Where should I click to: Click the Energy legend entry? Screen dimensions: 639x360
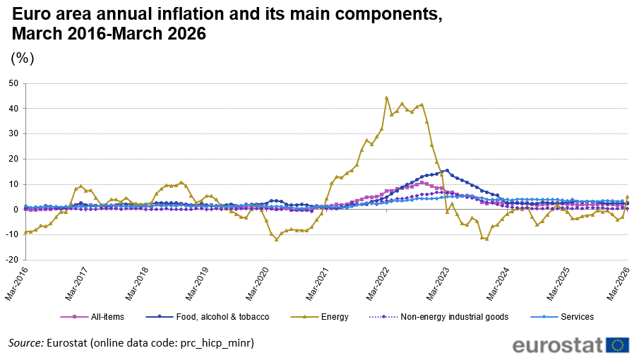click(x=319, y=317)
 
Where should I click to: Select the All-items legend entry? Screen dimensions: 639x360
click(x=92, y=317)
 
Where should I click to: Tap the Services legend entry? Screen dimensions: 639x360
click(x=562, y=317)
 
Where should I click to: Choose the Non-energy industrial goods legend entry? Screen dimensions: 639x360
click(x=438, y=317)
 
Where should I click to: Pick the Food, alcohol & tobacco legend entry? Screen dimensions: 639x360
click(x=208, y=317)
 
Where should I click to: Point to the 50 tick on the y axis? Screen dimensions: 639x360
click(x=13, y=83)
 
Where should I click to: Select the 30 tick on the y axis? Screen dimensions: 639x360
click(x=13, y=134)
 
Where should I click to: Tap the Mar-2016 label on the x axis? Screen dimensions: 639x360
click(x=16, y=284)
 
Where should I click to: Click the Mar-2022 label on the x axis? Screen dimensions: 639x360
click(x=377, y=284)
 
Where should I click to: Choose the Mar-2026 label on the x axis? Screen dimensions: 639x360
click(x=619, y=284)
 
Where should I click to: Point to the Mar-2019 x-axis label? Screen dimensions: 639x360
click(x=197, y=284)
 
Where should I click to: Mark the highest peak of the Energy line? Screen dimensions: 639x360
click(x=386, y=97)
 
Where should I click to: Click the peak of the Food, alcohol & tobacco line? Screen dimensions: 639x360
click(x=447, y=170)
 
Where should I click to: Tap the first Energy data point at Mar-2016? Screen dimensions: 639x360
click(x=25, y=232)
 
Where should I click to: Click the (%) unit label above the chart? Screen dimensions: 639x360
click(x=23, y=58)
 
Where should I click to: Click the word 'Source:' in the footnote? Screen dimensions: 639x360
click(x=26, y=343)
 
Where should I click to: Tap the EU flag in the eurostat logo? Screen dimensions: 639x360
click(x=618, y=345)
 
